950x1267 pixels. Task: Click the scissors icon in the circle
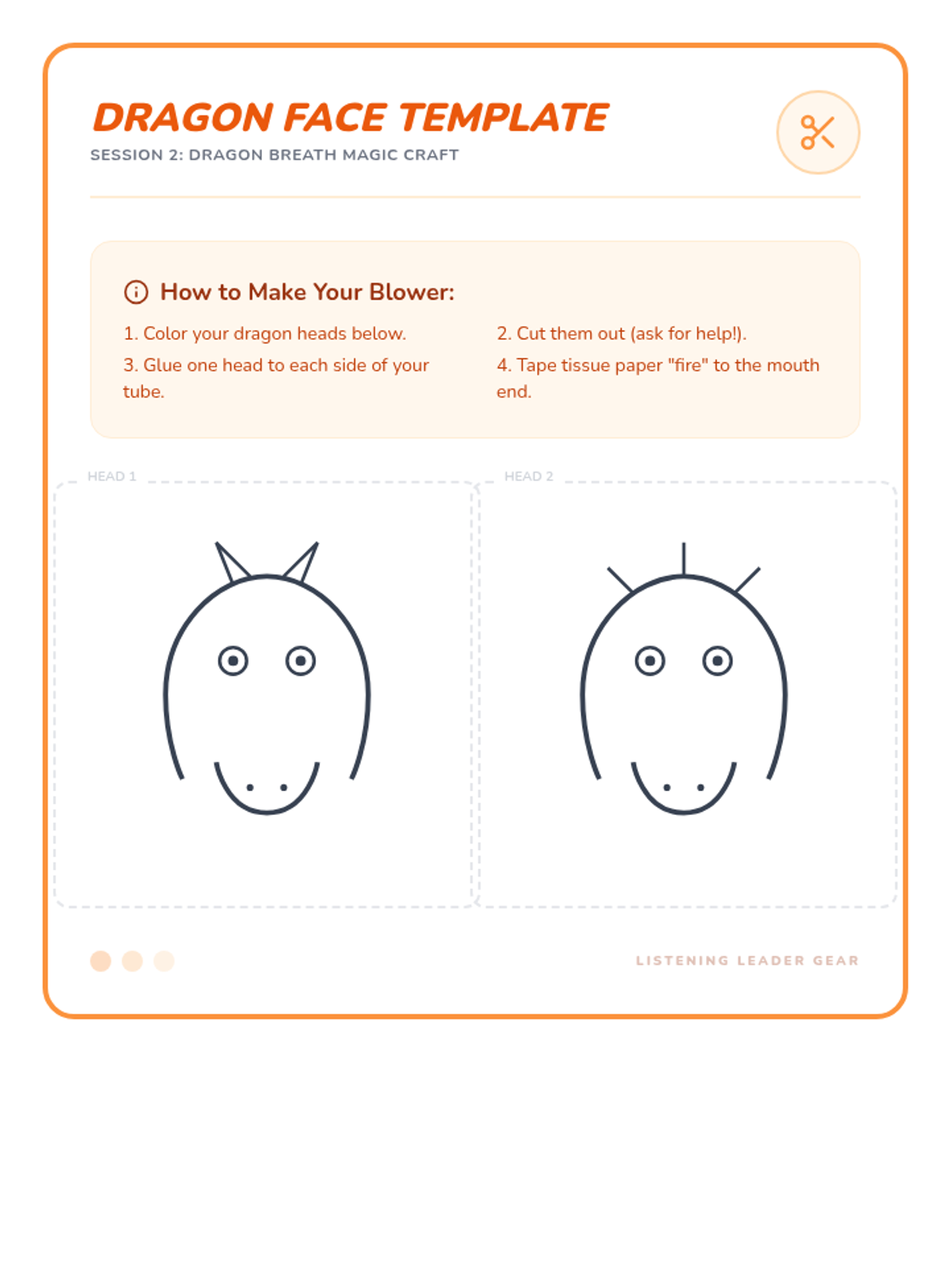point(817,132)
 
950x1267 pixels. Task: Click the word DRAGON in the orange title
point(183,118)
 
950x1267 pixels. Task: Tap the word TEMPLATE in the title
point(503,118)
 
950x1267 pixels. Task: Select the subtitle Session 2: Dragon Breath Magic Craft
point(275,154)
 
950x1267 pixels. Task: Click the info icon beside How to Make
point(136,292)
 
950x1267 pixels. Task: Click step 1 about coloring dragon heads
point(264,333)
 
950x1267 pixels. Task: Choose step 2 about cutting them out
point(621,333)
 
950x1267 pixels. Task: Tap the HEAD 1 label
point(112,476)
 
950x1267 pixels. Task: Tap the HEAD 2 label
point(528,476)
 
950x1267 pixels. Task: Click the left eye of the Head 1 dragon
point(233,661)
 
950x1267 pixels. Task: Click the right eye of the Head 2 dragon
point(717,661)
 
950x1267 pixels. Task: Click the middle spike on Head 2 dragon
point(683,559)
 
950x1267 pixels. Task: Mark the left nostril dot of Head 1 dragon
point(249,787)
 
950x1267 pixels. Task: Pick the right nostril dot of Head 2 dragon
point(701,787)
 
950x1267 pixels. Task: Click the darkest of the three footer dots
point(101,961)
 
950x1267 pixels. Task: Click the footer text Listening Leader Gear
point(747,961)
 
